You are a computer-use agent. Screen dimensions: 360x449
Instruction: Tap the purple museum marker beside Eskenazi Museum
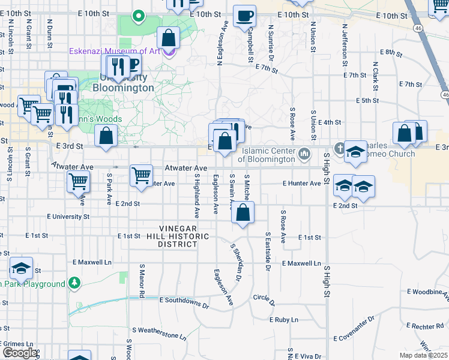pos(169,52)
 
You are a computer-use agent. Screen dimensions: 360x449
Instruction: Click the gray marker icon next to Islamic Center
pos(306,155)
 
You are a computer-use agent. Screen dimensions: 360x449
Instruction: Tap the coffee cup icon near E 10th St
pos(244,16)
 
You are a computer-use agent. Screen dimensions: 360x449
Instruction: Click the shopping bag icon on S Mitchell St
pos(243,213)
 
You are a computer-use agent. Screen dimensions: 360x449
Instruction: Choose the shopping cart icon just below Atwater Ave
pos(141,176)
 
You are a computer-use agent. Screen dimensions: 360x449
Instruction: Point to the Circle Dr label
pos(263,298)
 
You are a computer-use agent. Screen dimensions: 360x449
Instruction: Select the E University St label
pos(68,216)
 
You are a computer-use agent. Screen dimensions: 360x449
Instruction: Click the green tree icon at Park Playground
pos(74,283)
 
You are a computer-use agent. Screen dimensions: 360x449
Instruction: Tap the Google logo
pos(19,353)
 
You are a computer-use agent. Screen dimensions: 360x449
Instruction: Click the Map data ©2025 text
pos(423,356)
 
